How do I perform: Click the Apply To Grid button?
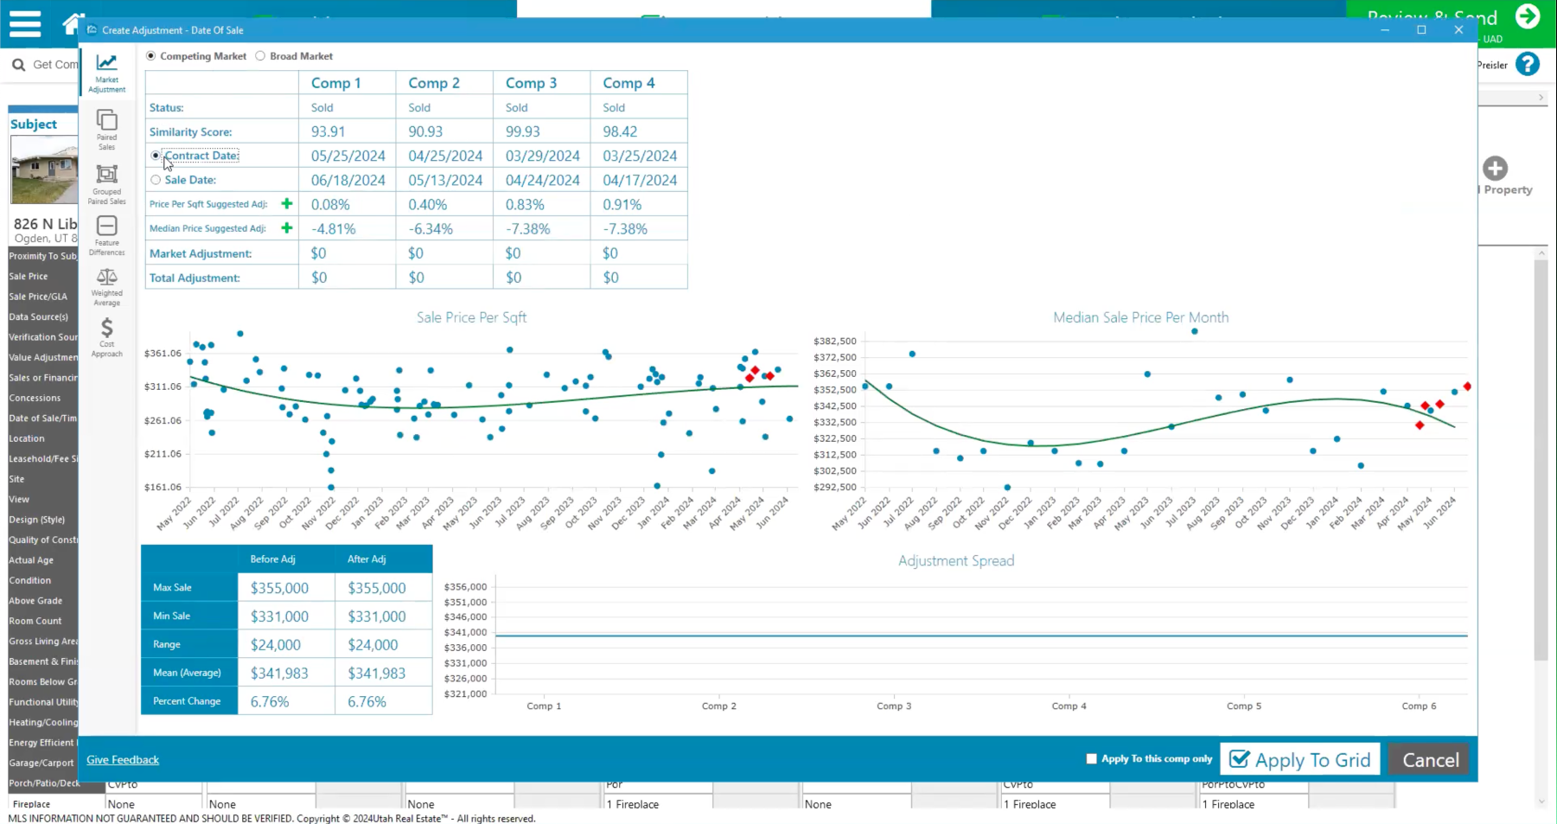pos(1299,760)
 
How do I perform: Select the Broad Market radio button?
pos(260,56)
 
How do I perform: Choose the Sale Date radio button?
pos(156,180)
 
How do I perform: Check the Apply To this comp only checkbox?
pos(1091,759)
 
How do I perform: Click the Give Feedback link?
pos(123,760)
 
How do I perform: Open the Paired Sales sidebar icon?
pos(106,127)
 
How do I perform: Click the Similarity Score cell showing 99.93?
pos(522,131)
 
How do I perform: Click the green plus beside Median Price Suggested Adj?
pos(287,228)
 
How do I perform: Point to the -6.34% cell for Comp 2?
pos(431,229)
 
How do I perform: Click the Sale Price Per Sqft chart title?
pos(471,317)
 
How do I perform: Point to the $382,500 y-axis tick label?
pos(834,341)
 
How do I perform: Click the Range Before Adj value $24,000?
pos(276,645)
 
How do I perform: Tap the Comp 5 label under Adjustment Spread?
pos(1243,706)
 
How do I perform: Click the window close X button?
pos(1458,30)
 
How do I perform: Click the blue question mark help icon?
pos(1528,65)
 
